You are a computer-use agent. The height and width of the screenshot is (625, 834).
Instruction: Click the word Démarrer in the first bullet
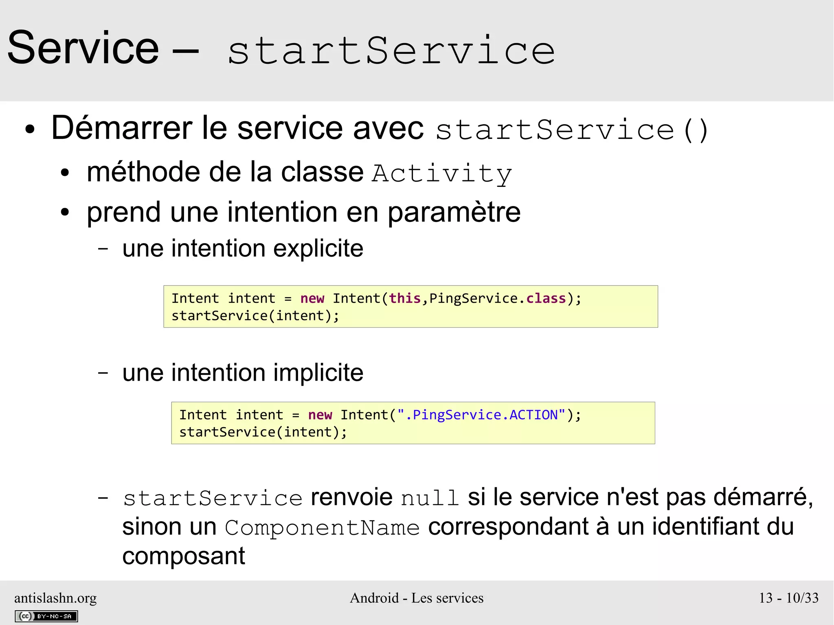coord(122,128)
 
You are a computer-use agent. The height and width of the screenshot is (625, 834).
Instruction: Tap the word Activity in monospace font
coord(442,173)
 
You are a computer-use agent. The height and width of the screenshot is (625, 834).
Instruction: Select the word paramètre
coord(454,213)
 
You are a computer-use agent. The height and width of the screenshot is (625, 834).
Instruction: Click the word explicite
coord(318,249)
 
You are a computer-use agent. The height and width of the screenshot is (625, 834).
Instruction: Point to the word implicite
coord(318,373)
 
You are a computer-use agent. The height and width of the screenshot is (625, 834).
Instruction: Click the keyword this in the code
coord(405,298)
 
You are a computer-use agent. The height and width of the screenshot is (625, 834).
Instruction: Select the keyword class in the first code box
coord(546,298)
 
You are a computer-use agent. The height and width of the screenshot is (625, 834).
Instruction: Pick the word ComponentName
coord(322,528)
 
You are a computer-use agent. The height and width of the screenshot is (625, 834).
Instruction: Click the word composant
coord(184,557)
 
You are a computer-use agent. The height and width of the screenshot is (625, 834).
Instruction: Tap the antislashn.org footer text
coord(55,598)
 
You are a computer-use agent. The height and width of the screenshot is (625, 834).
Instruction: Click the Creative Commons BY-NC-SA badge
coord(46,616)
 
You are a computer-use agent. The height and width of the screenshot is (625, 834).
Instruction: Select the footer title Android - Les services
coord(417,598)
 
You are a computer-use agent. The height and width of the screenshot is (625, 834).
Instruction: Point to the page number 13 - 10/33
coord(788,598)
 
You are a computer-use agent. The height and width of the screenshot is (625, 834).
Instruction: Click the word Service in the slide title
coord(83,48)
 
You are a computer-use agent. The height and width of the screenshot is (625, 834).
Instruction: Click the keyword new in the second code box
coord(320,415)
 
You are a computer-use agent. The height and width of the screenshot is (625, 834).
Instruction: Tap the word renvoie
coord(351,498)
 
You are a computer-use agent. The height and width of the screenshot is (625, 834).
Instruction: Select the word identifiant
coord(705,527)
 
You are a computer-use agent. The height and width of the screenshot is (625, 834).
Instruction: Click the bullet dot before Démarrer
coord(30,130)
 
